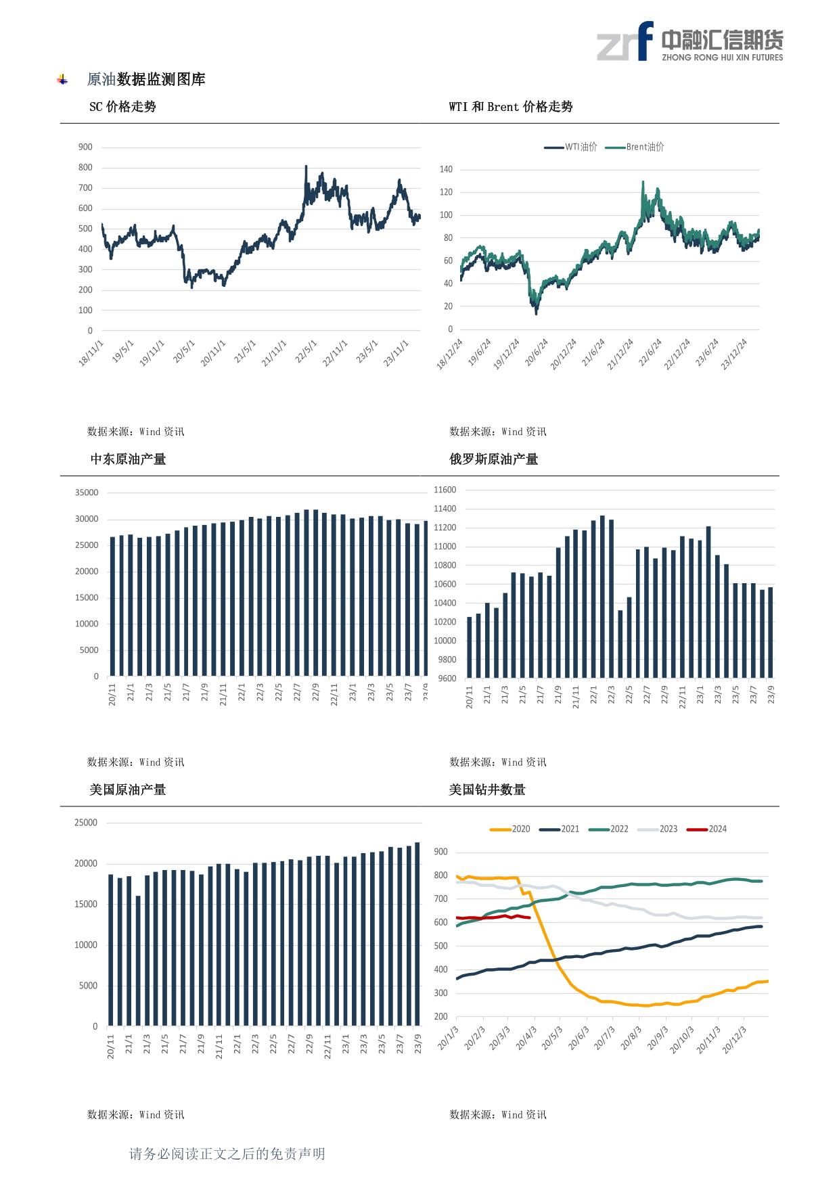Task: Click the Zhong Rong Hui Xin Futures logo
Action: tap(689, 41)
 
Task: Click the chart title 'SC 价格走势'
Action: tap(122, 107)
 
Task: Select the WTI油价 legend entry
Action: tap(571, 147)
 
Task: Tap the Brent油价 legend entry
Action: tap(635, 147)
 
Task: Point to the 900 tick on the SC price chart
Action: tap(86, 147)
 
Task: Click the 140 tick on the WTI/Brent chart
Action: tap(446, 169)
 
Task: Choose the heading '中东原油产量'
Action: tap(128, 459)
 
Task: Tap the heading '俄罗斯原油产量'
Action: tap(494, 459)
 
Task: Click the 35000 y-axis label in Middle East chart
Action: tap(87, 493)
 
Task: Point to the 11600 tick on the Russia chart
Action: tap(445, 490)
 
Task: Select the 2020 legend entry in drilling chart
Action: tap(510, 829)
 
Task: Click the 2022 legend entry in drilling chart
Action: tap(609, 829)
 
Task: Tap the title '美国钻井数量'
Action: tap(487, 790)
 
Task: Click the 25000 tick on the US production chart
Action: tap(86, 823)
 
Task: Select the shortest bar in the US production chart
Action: tap(138, 961)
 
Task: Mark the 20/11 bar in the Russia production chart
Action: tap(470, 647)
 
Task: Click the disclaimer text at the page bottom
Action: tap(227, 1154)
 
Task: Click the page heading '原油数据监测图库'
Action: tap(146, 79)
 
